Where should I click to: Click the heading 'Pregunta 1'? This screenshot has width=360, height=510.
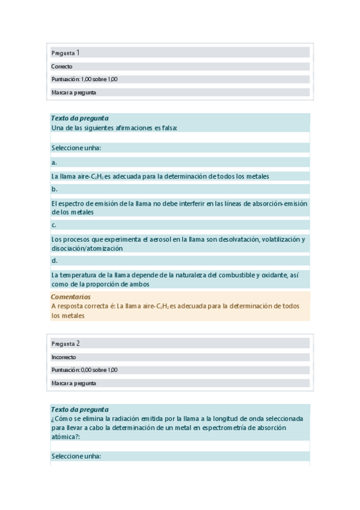point(66,53)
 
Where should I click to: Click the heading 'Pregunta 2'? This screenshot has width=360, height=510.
point(66,343)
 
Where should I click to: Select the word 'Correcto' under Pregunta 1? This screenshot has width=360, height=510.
point(62,67)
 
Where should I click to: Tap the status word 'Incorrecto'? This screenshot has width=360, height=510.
point(64,357)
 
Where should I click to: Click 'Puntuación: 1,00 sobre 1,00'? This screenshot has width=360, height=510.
point(84,79)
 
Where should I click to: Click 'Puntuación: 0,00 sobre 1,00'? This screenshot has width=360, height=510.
point(84,370)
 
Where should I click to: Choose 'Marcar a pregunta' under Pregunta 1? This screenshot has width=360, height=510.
point(74,93)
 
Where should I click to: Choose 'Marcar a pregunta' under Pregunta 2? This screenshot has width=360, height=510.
point(74,383)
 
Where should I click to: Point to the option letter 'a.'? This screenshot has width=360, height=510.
point(54,162)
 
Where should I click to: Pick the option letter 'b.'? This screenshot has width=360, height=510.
point(54,189)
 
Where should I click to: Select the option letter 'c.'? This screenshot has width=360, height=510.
point(54,225)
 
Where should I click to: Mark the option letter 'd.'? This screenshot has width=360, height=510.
point(54,260)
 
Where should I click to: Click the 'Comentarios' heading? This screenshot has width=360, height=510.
point(71,296)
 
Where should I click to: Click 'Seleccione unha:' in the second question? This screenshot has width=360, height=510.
point(76,456)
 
